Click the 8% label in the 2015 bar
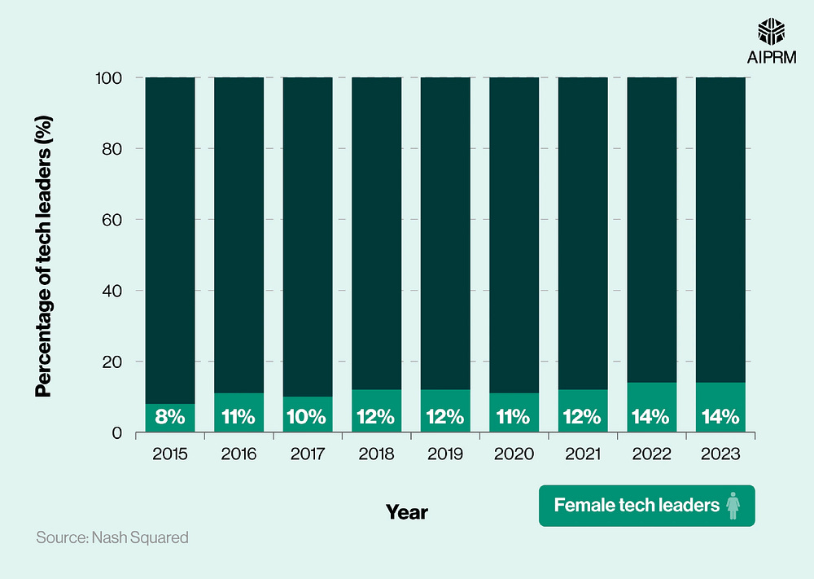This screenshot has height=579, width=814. (169, 418)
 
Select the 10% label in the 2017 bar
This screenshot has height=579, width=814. (307, 418)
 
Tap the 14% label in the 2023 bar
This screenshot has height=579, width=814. (720, 418)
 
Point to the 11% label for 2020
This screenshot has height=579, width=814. (514, 418)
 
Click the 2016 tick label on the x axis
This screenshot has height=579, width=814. (239, 454)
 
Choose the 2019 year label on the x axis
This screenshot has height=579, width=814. (445, 454)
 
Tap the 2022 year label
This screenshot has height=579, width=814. (651, 454)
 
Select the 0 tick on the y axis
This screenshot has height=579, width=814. (118, 432)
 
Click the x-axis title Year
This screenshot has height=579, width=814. (406, 512)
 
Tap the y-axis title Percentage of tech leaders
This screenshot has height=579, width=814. (45, 256)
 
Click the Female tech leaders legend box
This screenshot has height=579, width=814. (646, 506)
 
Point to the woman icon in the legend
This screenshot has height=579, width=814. (733, 506)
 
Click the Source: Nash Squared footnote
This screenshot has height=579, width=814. (112, 537)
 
